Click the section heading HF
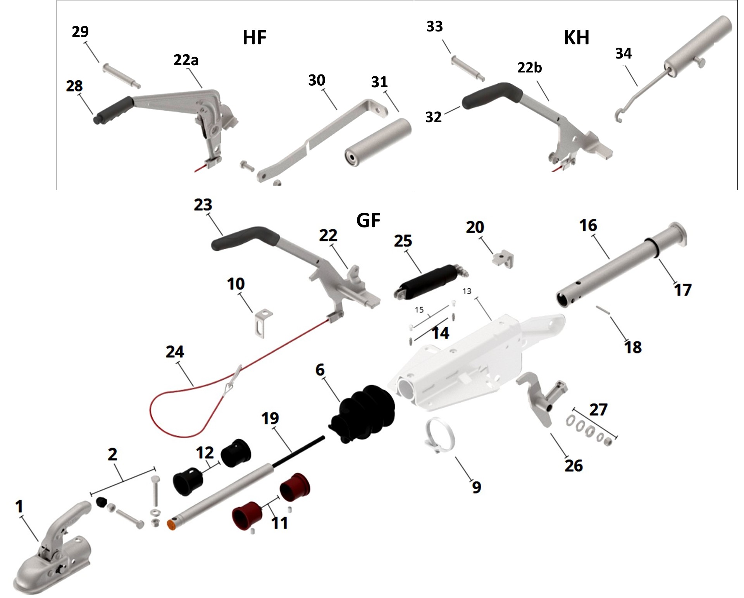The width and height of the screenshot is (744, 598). pos(254,38)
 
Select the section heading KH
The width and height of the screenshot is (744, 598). pos(576,38)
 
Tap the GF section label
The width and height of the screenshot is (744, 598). pos(368,221)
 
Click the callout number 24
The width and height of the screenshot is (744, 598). pos(175,352)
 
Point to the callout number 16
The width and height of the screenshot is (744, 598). pos(588,226)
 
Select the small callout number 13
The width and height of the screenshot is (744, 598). pos(467,291)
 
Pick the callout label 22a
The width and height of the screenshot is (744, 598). pos(186,60)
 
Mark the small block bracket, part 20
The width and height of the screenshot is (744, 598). pos(503,258)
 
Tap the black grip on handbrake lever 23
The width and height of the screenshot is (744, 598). pos(244,236)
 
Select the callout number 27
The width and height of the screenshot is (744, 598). pos(598,410)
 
